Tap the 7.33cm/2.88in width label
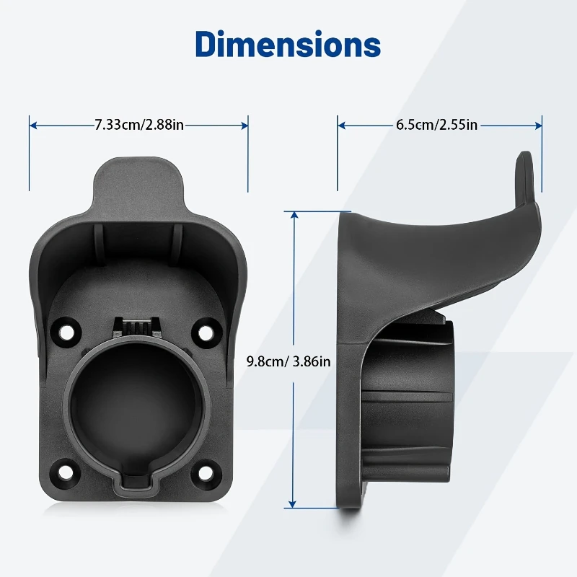pos(139,125)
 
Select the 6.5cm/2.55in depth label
pos(437,125)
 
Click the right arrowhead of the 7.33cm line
pos(245,125)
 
